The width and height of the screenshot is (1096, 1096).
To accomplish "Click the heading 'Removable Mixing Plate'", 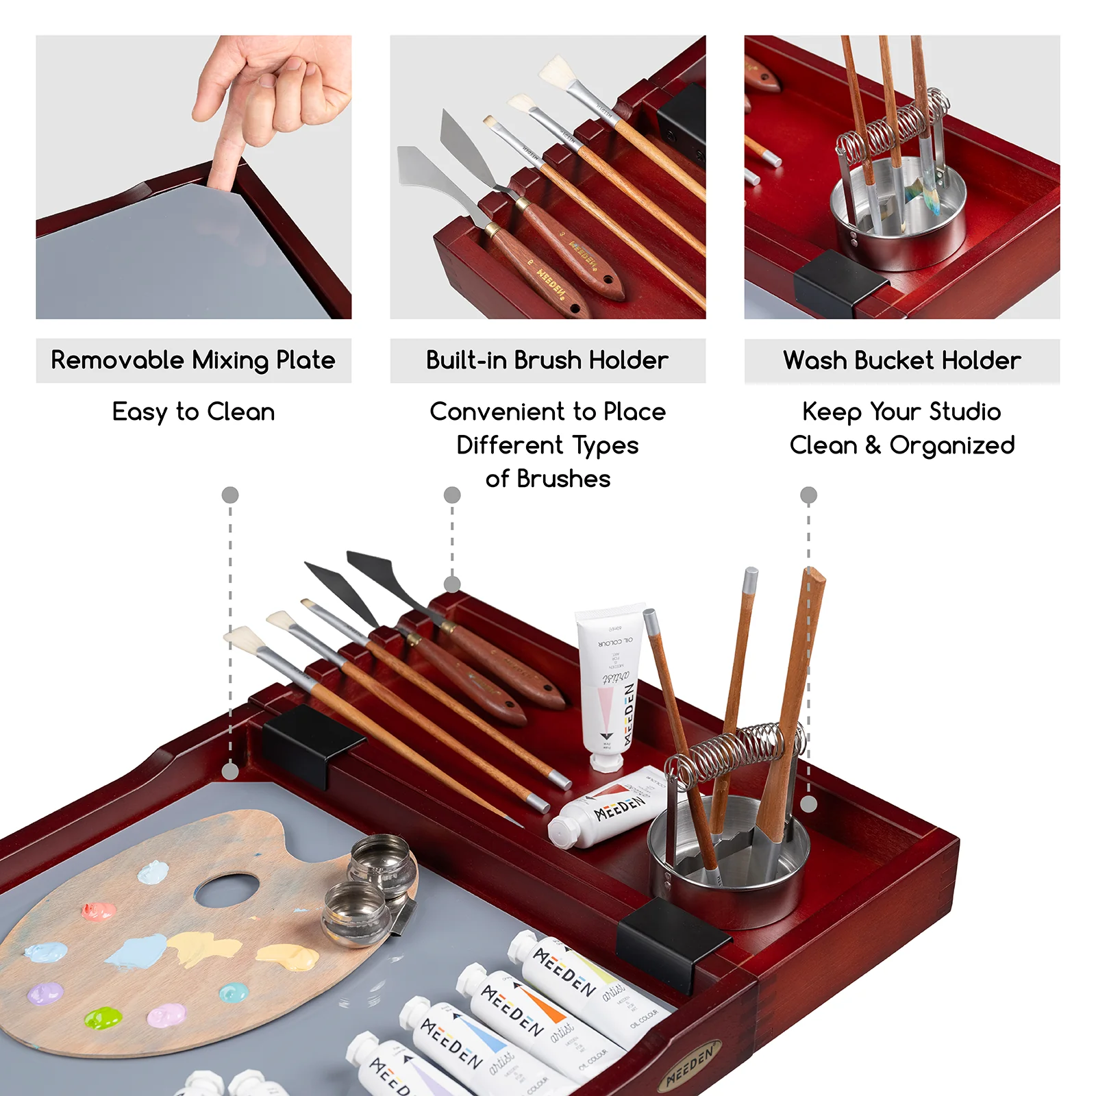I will (x=193, y=360).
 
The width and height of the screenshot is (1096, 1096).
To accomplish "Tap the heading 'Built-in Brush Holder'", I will (x=547, y=360).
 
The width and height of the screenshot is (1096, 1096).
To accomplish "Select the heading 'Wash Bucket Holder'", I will (x=901, y=360).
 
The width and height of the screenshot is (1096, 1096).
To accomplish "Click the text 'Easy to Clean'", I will (x=193, y=412).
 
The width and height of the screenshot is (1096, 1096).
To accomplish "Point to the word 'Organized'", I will (x=951, y=445).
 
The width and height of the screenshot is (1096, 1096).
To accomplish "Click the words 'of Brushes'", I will (x=547, y=479).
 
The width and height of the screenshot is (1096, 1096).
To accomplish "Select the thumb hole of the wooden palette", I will (x=227, y=888).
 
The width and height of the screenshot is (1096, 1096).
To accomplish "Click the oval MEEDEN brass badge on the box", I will (x=690, y=1064).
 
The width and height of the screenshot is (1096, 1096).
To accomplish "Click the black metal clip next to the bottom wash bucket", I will (x=671, y=938).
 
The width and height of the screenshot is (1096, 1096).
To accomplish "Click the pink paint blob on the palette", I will (x=99, y=911).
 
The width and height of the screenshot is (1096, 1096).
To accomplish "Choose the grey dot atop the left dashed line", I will (x=230, y=495).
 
